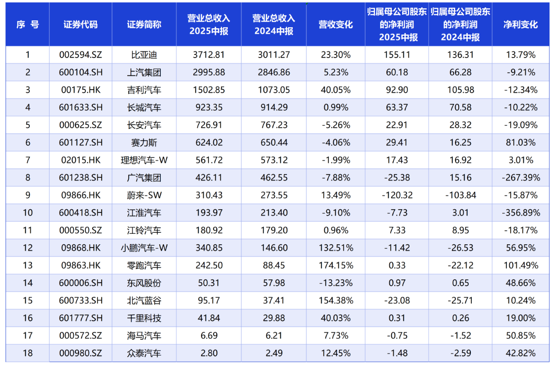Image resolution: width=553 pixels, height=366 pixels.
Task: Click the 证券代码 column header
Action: pos(80,25)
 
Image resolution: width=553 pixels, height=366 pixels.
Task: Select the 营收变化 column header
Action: pos(335,25)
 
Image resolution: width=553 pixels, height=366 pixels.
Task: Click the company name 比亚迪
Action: pos(144,55)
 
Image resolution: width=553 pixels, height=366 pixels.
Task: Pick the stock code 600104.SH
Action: pos(80,72)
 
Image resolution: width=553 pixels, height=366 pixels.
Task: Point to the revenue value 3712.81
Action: pos(208,55)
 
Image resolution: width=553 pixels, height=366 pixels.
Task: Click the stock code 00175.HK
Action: pos(80,90)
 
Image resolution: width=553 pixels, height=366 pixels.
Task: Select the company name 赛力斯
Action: pos(144,143)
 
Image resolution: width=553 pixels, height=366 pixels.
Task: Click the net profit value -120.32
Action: pos(397,196)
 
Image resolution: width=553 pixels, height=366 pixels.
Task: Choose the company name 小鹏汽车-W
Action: pos(144,248)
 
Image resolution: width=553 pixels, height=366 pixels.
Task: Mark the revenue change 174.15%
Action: pos(335,265)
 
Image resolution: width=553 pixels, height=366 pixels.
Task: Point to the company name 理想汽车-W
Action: pos(144,160)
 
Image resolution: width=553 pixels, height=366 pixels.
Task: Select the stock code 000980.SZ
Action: pos(80,353)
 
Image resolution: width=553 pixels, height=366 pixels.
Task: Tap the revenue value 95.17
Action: pos(208,300)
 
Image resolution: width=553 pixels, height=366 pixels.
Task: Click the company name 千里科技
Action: pos(144,318)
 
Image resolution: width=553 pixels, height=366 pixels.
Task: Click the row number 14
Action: pos(28,283)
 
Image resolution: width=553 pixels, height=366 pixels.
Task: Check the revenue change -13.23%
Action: pos(335,283)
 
